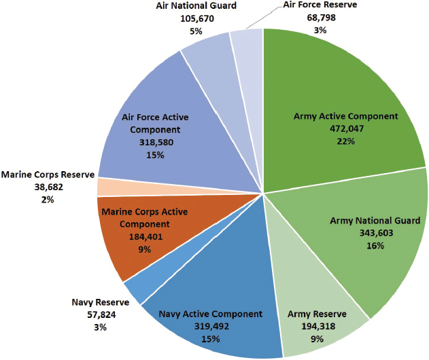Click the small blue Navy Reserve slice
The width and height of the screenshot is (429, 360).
click(135, 288)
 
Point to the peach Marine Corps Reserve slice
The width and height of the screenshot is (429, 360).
click(105, 186)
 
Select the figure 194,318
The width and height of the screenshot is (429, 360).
click(317, 326)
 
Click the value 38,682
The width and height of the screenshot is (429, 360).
click(47, 187)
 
